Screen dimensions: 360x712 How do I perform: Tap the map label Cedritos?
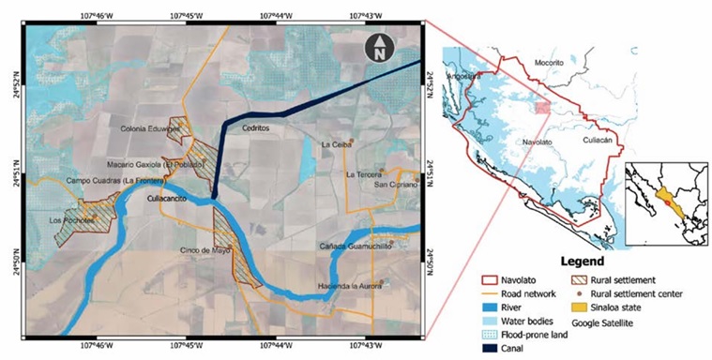click(x=255, y=128)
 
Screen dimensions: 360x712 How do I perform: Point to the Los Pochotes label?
click(x=70, y=220)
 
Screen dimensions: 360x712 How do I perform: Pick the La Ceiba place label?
click(x=335, y=145)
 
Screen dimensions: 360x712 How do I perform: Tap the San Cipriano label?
click(x=394, y=185)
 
